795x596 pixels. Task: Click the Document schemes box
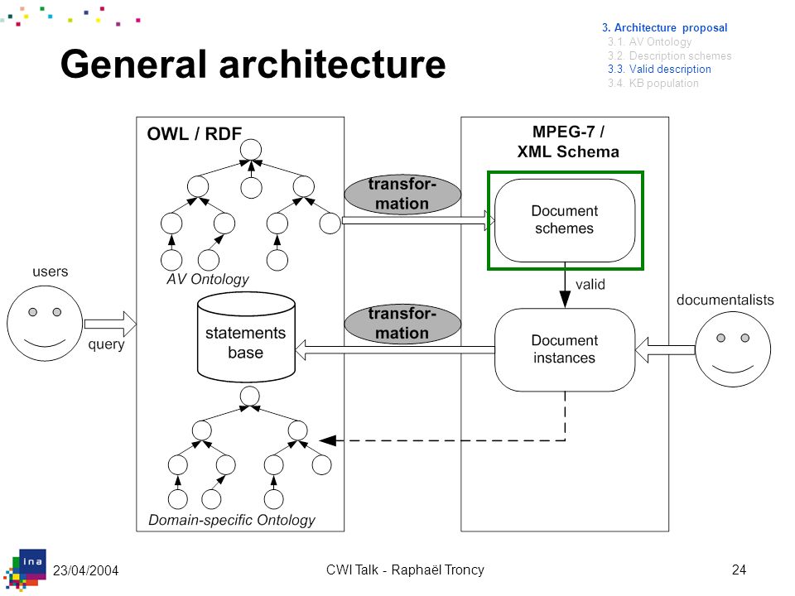click(565, 220)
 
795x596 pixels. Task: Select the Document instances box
click(565, 349)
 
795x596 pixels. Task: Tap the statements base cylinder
click(246, 337)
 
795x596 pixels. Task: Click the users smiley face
click(45, 324)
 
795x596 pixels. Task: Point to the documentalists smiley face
click(733, 349)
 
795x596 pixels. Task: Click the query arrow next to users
click(110, 324)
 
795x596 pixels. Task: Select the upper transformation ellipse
click(402, 194)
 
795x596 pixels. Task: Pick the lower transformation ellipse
click(402, 324)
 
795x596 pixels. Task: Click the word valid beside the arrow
click(590, 284)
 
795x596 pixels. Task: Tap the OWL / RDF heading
click(194, 134)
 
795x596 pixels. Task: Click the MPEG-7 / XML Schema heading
click(568, 142)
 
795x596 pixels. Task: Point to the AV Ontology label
click(208, 279)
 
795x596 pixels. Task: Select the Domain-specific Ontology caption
click(232, 520)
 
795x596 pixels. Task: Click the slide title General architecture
click(253, 64)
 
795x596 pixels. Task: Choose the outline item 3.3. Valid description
click(659, 69)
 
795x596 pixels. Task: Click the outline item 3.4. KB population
click(653, 83)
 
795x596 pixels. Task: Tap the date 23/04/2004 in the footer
click(85, 570)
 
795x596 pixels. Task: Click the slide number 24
click(739, 570)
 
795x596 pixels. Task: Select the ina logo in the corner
click(26, 570)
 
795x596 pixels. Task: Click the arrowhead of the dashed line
click(328, 440)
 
